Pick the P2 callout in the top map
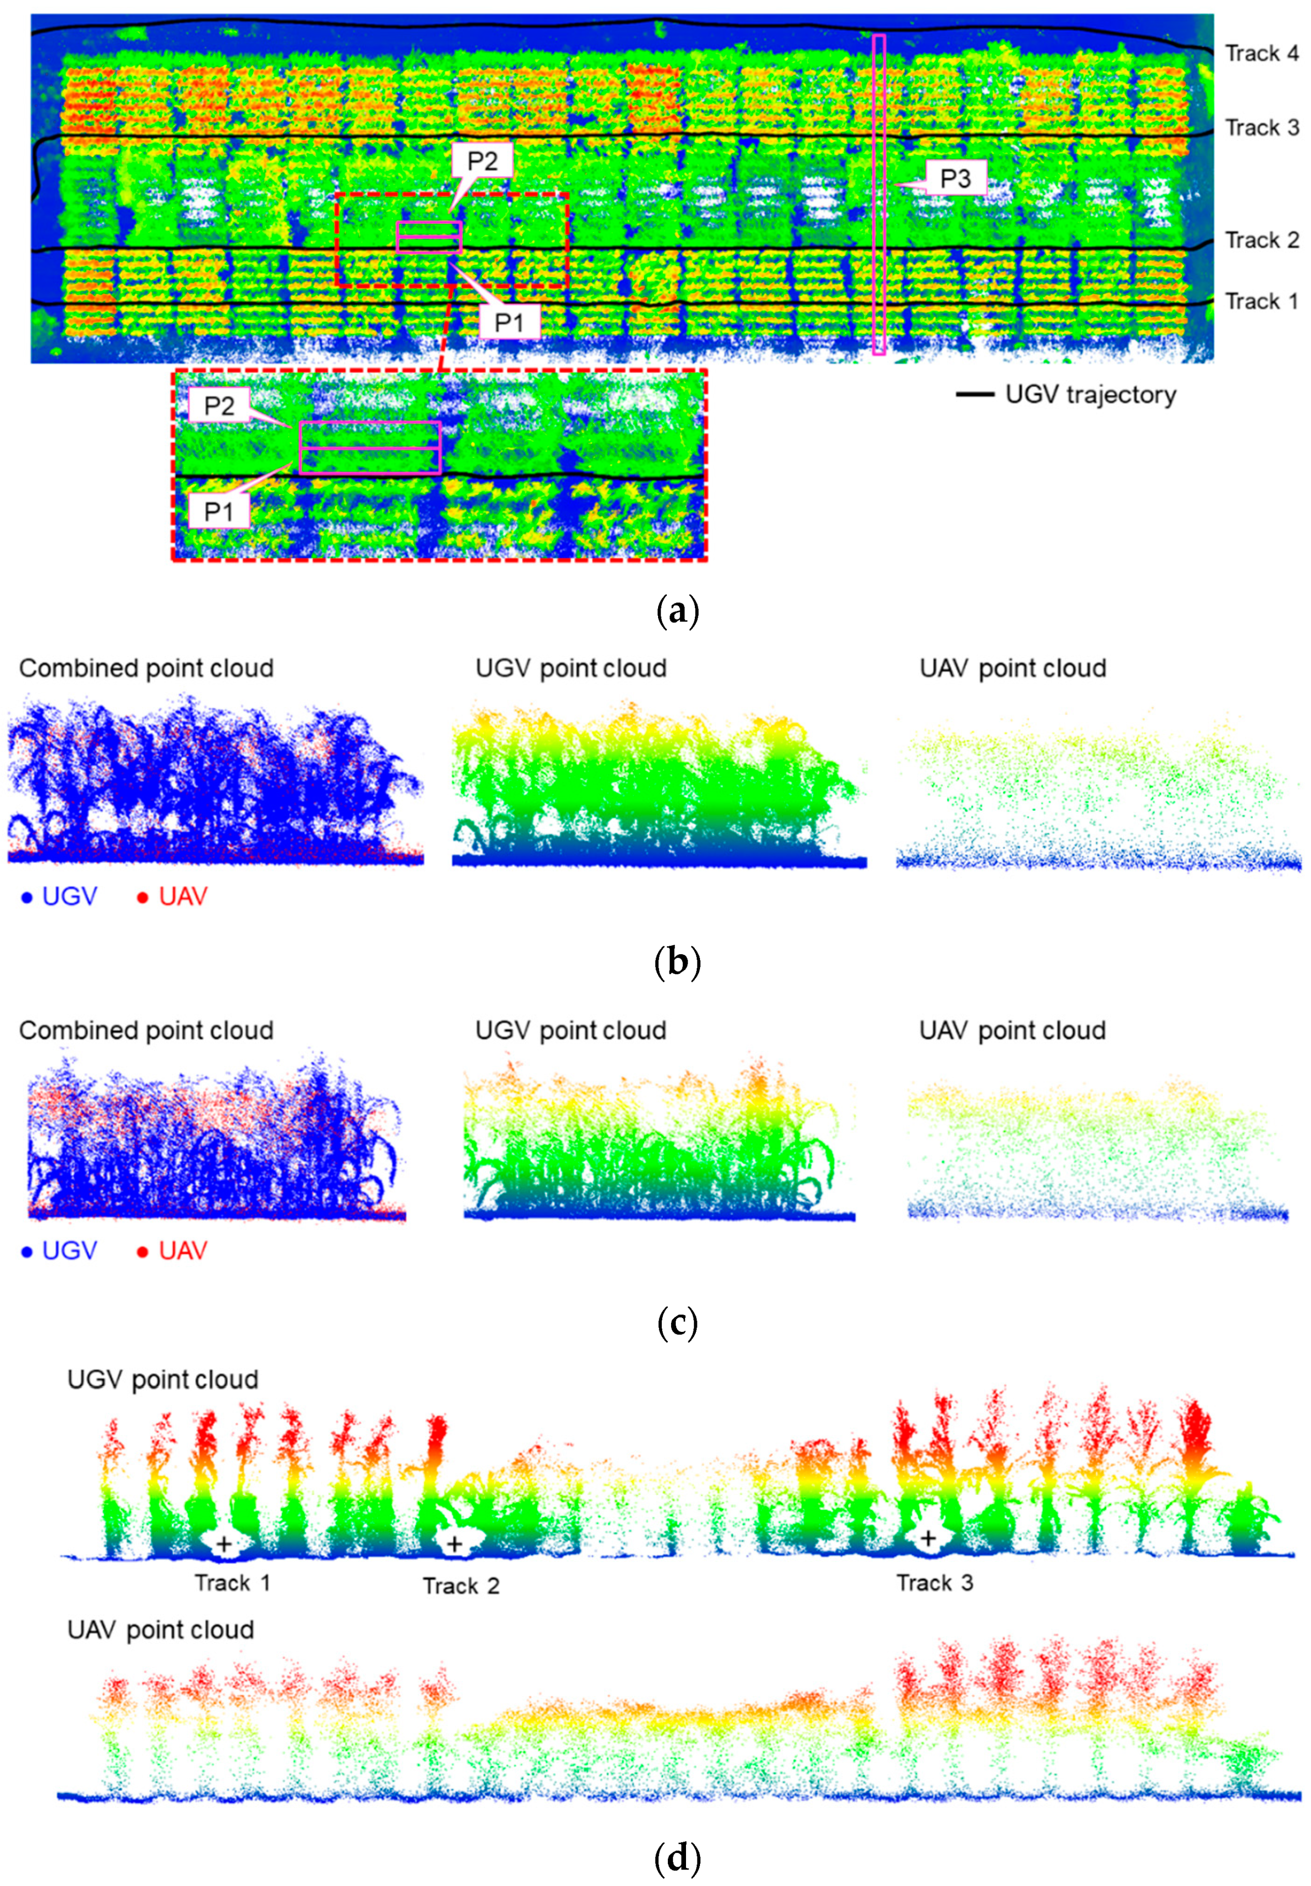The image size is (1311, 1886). [x=482, y=160]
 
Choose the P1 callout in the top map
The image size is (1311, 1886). [x=509, y=322]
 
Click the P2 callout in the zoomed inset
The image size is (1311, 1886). [x=218, y=406]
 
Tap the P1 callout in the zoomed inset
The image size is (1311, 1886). [x=218, y=512]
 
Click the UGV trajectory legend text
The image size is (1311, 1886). [x=1090, y=395]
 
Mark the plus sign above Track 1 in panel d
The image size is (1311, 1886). [x=224, y=1545]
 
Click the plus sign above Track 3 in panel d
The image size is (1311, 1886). [x=928, y=1538]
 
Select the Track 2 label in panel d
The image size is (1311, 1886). [x=461, y=1586]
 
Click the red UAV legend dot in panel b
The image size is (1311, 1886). [x=143, y=898]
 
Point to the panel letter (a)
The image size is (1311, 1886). [x=678, y=612]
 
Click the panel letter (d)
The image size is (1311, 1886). [x=678, y=1857]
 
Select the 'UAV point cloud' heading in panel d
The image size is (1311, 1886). [x=161, y=1630]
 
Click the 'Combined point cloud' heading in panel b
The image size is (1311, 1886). [x=146, y=669]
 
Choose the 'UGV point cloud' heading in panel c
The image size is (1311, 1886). [x=571, y=1031]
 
